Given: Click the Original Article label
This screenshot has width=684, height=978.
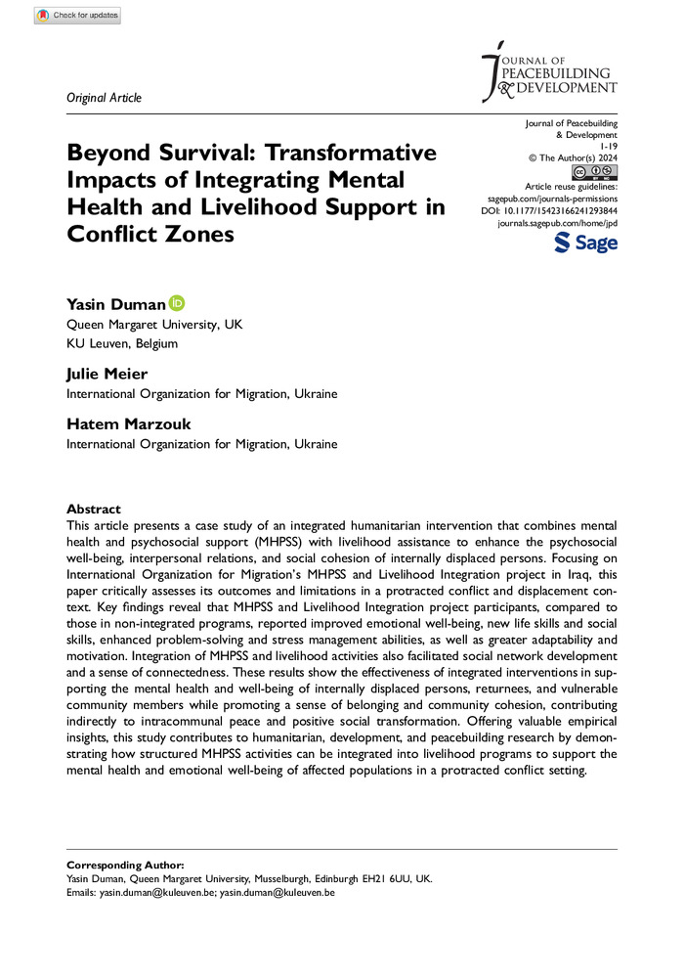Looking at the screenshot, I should pyautogui.click(x=104, y=97).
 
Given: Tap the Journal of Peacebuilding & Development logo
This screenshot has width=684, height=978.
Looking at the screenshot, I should pyautogui.click(x=550, y=71).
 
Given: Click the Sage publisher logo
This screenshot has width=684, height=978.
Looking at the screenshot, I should pyautogui.click(x=585, y=243).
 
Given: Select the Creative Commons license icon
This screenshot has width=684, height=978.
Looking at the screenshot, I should pyautogui.click(x=597, y=172).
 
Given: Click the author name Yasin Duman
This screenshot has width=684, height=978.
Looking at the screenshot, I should pyautogui.click(x=115, y=304).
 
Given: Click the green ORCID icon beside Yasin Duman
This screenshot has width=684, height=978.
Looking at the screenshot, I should pyautogui.click(x=177, y=303).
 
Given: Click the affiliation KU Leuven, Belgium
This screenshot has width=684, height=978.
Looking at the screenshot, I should pyautogui.click(x=122, y=343).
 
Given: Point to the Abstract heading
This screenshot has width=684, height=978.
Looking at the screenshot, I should pyautogui.click(x=94, y=509).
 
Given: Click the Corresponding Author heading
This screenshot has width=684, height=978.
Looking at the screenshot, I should pyautogui.click(x=124, y=866).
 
